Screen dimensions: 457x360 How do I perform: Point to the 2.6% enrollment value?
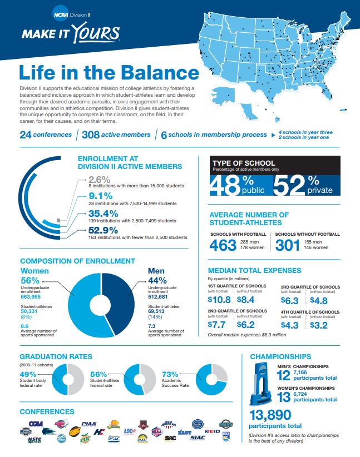tap(100, 180)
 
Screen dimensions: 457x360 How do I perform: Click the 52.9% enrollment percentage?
tap(103, 230)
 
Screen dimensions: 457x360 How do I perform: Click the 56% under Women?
tap(29, 280)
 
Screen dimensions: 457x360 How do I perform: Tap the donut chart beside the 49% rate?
tap(68, 378)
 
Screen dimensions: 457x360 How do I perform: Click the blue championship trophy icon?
tap(260, 383)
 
